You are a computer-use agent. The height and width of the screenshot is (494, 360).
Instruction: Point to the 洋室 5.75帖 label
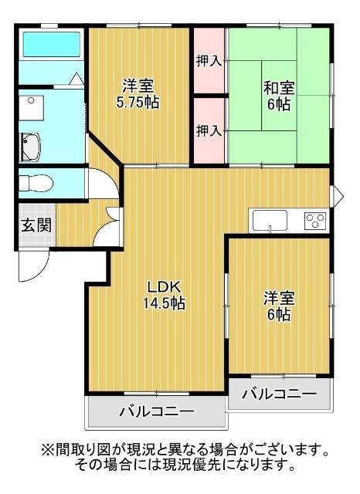pos(139,93)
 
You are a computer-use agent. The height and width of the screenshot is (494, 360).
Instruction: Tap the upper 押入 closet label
pos(209,60)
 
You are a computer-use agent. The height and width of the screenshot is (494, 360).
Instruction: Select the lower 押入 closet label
pos(209,130)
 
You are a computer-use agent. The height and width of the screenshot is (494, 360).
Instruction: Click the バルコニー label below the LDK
pos(156,411)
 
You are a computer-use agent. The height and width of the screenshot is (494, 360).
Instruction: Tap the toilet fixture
pos(36,184)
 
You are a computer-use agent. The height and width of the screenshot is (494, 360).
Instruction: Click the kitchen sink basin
pos(269,222)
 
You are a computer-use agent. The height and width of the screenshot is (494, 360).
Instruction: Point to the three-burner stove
pos(316,221)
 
